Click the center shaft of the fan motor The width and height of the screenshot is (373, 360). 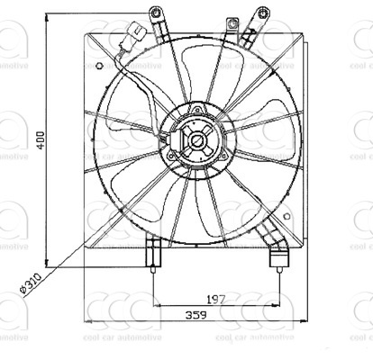coord(195,140)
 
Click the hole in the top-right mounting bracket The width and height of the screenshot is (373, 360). coord(264,13)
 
